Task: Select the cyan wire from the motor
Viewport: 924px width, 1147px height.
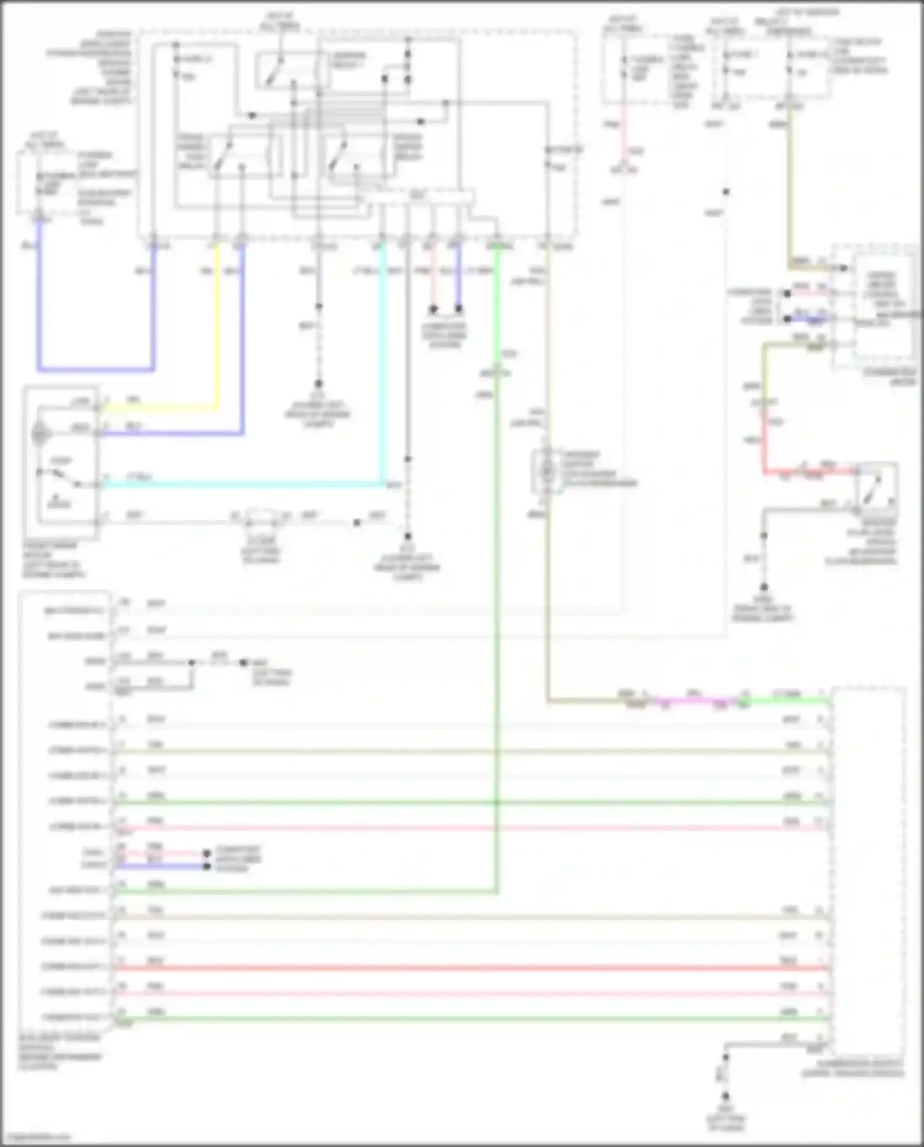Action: tap(246, 485)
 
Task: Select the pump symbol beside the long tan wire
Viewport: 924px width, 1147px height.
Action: tap(546, 470)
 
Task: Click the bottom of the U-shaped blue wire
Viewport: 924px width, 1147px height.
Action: tap(95, 370)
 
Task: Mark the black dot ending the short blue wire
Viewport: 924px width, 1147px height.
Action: tap(207, 867)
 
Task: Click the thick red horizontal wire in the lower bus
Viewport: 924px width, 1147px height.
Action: tap(468, 968)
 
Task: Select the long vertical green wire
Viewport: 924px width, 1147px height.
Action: tap(496, 555)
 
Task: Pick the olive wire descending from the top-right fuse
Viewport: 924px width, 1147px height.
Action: tap(789, 185)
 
